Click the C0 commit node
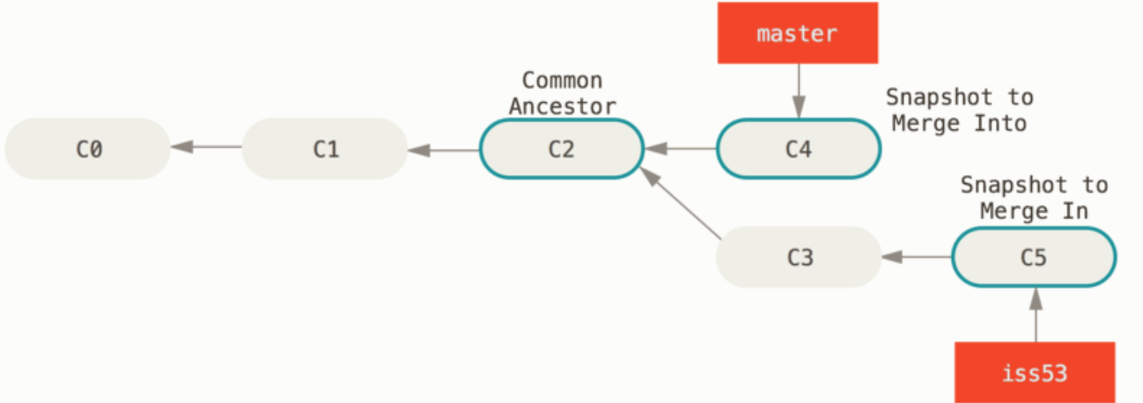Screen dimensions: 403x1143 click(87, 149)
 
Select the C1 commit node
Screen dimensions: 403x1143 click(325, 149)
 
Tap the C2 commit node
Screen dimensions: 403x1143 click(561, 149)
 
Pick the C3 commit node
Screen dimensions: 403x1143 click(799, 257)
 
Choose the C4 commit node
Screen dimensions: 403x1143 click(798, 149)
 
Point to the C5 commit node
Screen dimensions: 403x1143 click(1034, 257)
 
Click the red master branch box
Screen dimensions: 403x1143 click(798, 33)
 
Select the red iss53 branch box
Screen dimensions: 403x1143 click(1035, 372)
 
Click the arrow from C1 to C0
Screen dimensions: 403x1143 click(206, 148)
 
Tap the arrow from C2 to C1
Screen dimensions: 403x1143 click(444, 150)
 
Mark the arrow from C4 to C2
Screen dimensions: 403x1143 click(681, 149)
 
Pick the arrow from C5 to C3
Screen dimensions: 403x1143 click(917, 257)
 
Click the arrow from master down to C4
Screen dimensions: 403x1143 click(799, 91)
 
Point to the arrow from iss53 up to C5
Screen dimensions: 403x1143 click(1035, 314)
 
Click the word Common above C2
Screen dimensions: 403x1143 click(562, 81)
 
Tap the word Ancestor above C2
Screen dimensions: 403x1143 click(562, 106)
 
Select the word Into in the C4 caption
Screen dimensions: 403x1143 click(1000, 123)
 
